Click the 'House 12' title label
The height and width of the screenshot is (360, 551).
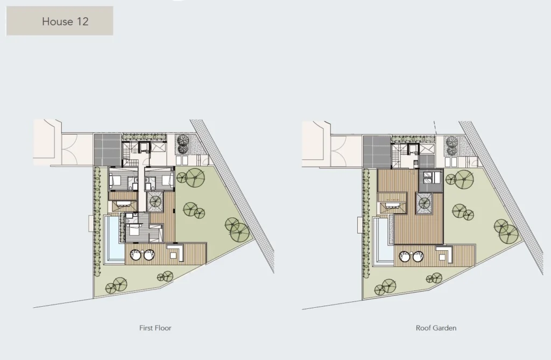(65, 22)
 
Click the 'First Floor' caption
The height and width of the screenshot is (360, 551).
(156, 328)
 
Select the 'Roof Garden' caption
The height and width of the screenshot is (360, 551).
(436, 328)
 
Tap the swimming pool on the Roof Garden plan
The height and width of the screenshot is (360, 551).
(383, 242)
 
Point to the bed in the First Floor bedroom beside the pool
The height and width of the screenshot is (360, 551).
(132, 231)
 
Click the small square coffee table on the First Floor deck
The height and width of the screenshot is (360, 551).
(172, 255)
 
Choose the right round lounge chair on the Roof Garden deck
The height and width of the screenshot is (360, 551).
(418, 256)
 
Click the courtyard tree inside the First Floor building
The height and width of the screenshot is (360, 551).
(154, 202)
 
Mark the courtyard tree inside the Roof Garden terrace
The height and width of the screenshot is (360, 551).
(424, 203)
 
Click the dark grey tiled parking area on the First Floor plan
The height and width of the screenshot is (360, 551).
(108, 150)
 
